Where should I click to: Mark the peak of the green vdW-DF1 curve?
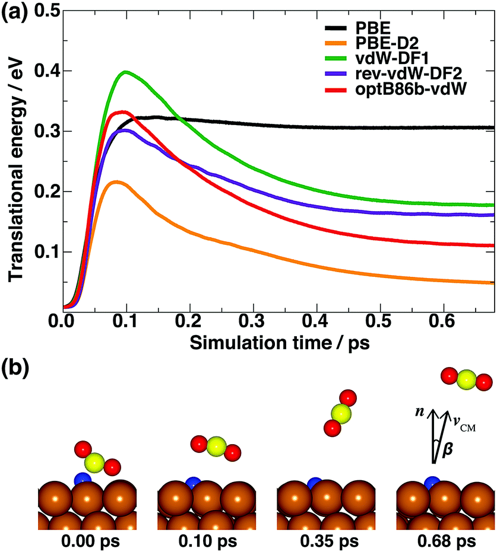pos(125,72)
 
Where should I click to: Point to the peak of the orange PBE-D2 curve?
pos(116,181)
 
